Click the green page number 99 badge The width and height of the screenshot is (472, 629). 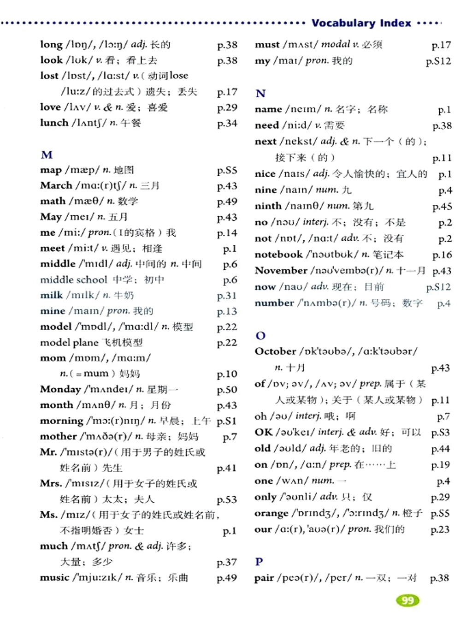(407, 600)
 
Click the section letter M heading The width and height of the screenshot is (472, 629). (47, 154)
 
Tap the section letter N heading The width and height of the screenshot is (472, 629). (260, 94)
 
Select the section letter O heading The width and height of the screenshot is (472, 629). (260, 336)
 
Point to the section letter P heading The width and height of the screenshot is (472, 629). (259, 562)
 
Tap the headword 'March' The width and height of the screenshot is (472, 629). (56, 185)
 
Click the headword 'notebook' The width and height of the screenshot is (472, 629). (278, 255)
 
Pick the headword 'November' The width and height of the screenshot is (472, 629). (281, 271)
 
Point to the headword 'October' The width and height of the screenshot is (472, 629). (275, 351)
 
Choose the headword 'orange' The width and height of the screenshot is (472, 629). (271, 513)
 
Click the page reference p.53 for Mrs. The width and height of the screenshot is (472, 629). (227, 500)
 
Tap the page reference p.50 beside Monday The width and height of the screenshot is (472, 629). (227, 390)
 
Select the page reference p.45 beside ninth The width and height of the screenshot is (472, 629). (442, 207)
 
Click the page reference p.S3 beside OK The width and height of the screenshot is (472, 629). (440, 433)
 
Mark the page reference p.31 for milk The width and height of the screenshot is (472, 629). (227, 296)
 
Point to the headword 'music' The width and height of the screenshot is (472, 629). (54, 577)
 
